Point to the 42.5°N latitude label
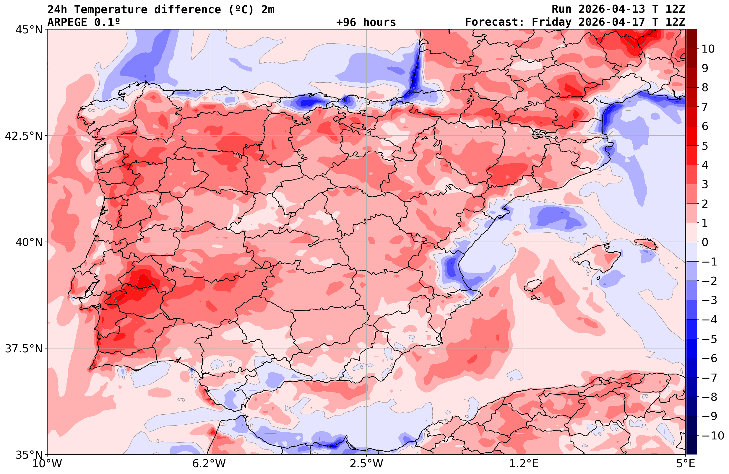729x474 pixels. [24, 136]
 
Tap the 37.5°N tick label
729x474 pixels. [24, 348]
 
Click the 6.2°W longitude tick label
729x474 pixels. [209, 464]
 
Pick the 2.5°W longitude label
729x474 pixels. [366, 464]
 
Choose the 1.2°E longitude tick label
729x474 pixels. [524, 464]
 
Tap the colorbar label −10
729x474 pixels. [712, 435]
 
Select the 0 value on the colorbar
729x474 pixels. [705, 242]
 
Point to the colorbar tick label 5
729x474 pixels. [705, 146]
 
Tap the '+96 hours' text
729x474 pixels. [366, 22]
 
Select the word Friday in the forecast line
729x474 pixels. [552, 22]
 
